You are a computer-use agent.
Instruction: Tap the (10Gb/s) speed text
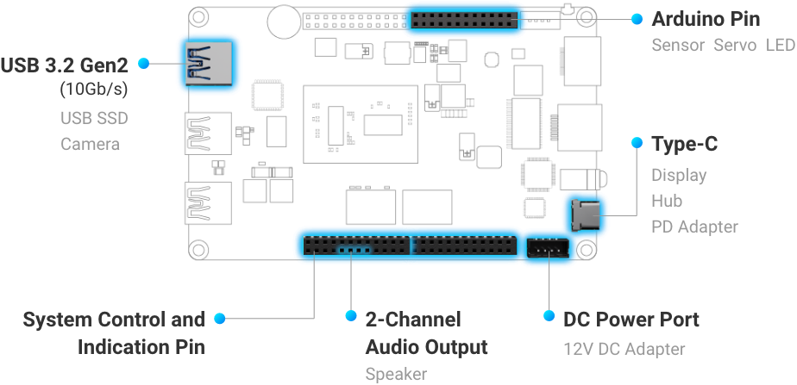[x=93, y=89]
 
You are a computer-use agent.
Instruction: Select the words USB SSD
[x=94, y=118]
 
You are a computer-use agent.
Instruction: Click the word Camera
[x=90, y=144]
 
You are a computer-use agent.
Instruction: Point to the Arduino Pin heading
[x=706, y=19]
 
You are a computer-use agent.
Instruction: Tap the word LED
[x=779, y=44]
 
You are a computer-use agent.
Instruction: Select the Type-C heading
[x=685, y=143]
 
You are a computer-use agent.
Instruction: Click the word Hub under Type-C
[x=667, y=201]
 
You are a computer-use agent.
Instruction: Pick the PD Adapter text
[x=694, y=227]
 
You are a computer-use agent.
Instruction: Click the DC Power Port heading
[x=631, y=320]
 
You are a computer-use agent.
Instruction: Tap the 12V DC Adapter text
[x=624, y=349]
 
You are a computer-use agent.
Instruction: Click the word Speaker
[x=396, y=374]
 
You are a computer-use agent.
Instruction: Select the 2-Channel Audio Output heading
[x=426, y=333]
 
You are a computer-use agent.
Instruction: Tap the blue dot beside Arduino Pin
[x=637, y=18]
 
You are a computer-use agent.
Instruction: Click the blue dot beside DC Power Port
[x=549, y=317]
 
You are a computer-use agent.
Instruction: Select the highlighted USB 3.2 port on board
[x=208, y=63]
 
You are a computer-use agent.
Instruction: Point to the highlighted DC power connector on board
[x=548, y=249]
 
